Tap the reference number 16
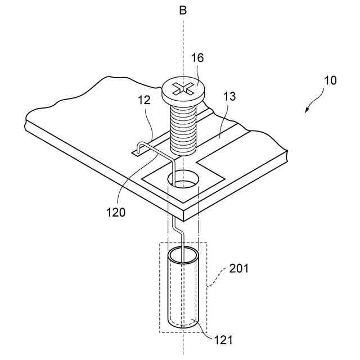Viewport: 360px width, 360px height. click(x=197, y=58)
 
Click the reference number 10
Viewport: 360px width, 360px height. click(x=330, y=80)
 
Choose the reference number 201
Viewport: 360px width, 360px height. click(x=238, y=268)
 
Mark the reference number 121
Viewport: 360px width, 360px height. click(x=224, y=340)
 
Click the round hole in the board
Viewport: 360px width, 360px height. click(x=183, y=181)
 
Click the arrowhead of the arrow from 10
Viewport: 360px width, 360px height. click(x=307, y=111)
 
